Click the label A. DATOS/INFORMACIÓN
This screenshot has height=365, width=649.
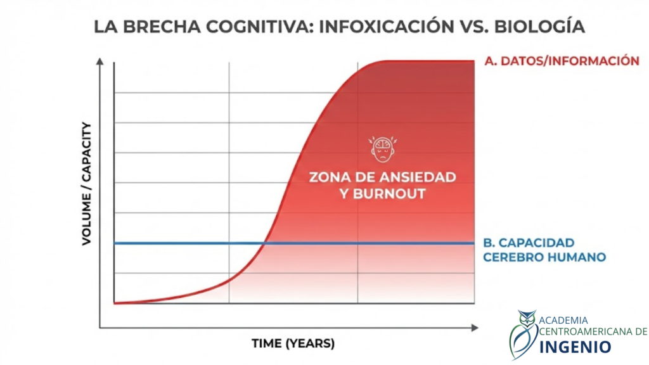[x=561, y=61]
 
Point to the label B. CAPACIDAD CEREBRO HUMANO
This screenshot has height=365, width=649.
[x=544, y=250]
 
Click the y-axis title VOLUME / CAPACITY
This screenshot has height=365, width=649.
[x=87, y=184]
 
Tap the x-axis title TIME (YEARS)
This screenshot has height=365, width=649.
[x=293, y=344]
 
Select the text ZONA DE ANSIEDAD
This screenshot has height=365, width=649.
[x=382, y=177]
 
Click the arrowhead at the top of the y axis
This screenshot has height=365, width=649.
[x=100, y=61]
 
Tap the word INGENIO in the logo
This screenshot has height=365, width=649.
[x=575, y=347]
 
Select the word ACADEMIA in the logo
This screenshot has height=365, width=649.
[x=563, y=320]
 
